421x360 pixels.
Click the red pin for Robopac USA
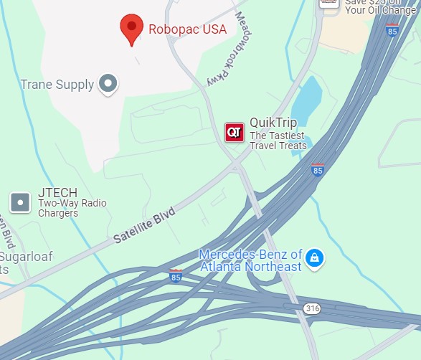tap(131, 29)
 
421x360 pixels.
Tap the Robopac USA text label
tap(187, 29)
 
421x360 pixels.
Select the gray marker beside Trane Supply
tap(108, 84)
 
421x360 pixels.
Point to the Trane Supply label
tap(57, 85)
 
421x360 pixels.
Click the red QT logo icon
tap(235, 132)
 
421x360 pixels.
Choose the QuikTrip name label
tap(273, 123)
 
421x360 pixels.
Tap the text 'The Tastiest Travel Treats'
tap(278, 141)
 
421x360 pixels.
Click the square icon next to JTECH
tap(21, 202)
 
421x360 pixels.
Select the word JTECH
tap(56, 192)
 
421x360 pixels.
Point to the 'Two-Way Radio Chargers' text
tap(72, 208)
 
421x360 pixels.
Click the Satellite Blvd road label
tap(144, 225)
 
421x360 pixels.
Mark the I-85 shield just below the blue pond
tap(318, 170)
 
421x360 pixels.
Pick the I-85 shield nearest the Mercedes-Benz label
tap(176, 276)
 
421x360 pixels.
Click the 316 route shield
tap(311, 308)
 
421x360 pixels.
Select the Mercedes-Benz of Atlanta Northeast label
tap(250, 261)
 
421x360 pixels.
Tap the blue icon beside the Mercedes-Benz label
tap(313, 258)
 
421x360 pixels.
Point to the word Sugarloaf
tap(24, 257)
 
